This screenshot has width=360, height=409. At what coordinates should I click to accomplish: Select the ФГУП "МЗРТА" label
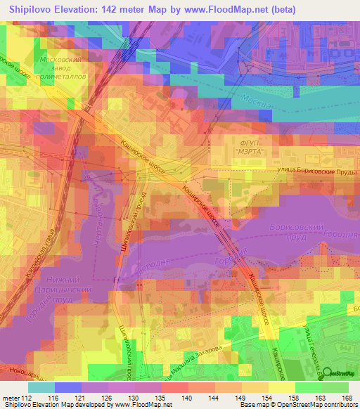(x=246, y=146)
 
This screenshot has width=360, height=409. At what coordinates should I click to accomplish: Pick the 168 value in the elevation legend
(x=347, y=397)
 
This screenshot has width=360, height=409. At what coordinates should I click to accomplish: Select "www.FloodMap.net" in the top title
(x=232, y=10)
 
